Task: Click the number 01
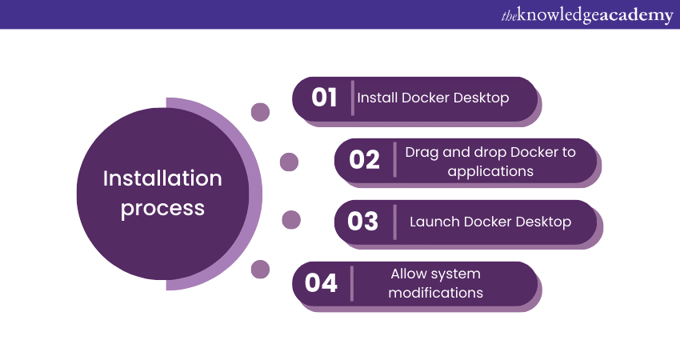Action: click(324, 98)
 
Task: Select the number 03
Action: click(362, 221)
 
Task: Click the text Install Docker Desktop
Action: click(433, 98)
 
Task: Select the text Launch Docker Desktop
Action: click(490, 221)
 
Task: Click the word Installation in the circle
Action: click(162, 178)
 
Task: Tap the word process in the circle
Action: click(162, 208)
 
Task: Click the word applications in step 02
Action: click(490, 170)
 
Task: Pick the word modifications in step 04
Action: click(435, 293)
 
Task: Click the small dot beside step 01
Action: click(260, 112)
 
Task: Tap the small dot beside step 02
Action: click(289, 162)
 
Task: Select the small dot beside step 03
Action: click(291, 219)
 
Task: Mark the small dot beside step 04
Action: click(260, 269)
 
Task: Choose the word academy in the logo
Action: click(631, 15)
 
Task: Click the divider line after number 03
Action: click(394, 221)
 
